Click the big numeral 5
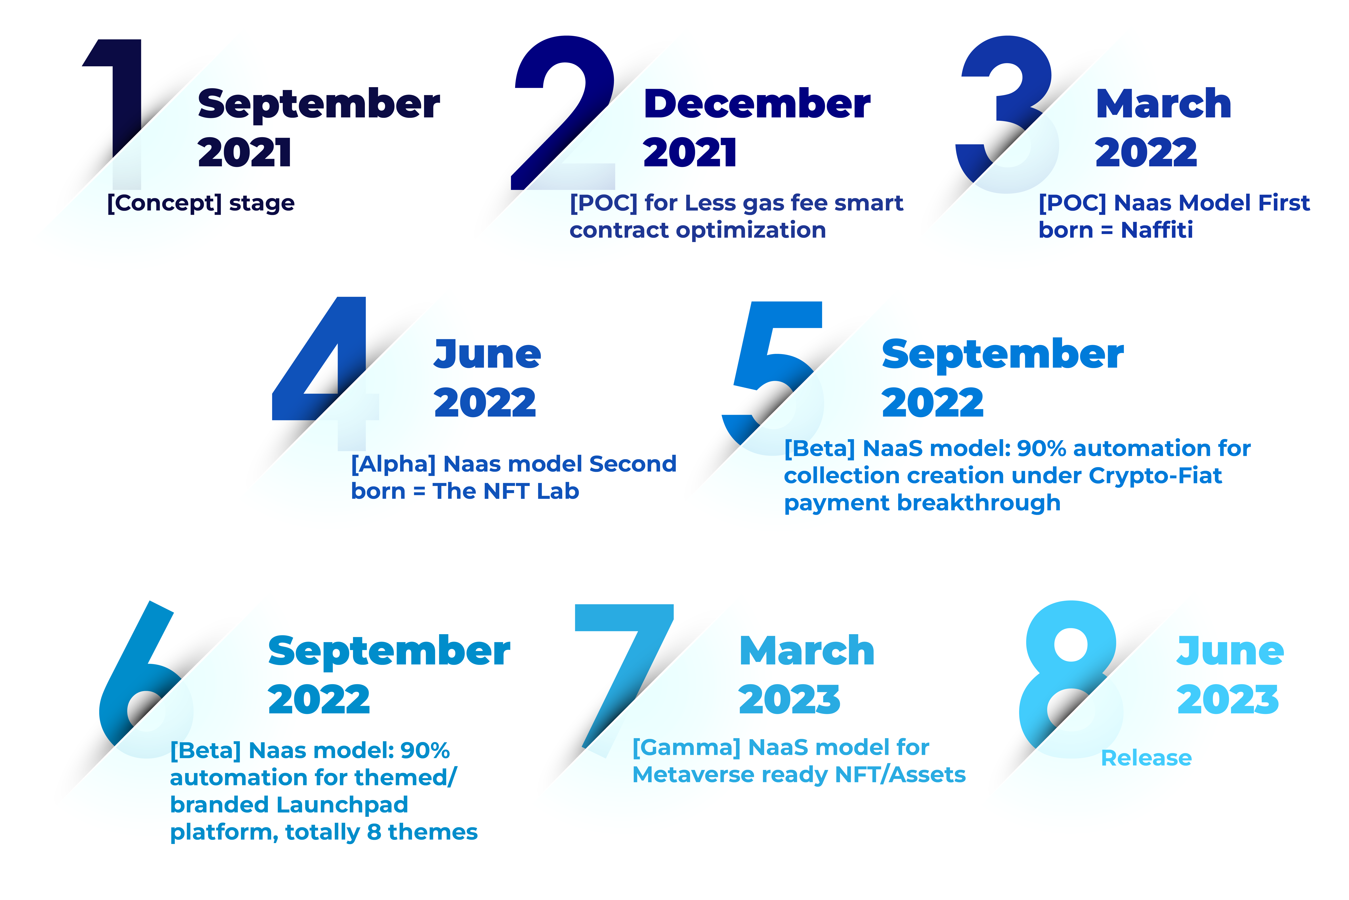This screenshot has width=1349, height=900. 769,373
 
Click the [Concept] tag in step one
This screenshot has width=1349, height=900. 164,203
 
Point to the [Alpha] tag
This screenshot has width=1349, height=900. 393,464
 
